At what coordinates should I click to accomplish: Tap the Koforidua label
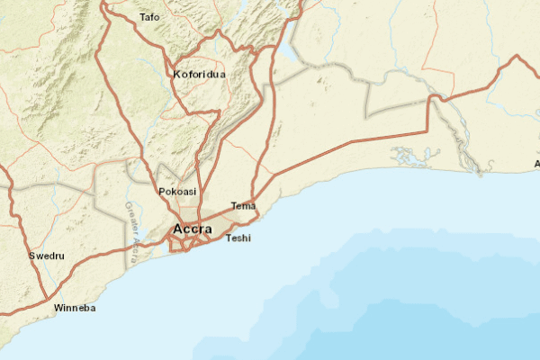tap(199, 75)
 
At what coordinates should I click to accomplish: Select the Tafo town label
tap(149, 17)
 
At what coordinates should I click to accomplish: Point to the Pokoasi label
tap(177, 192)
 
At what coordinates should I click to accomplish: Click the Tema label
tap(243, 206)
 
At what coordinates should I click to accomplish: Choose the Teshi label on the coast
tap(238, 238)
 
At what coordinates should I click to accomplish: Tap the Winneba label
tap(74, 308)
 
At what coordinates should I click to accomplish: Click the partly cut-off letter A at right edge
tap(536, 164)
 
